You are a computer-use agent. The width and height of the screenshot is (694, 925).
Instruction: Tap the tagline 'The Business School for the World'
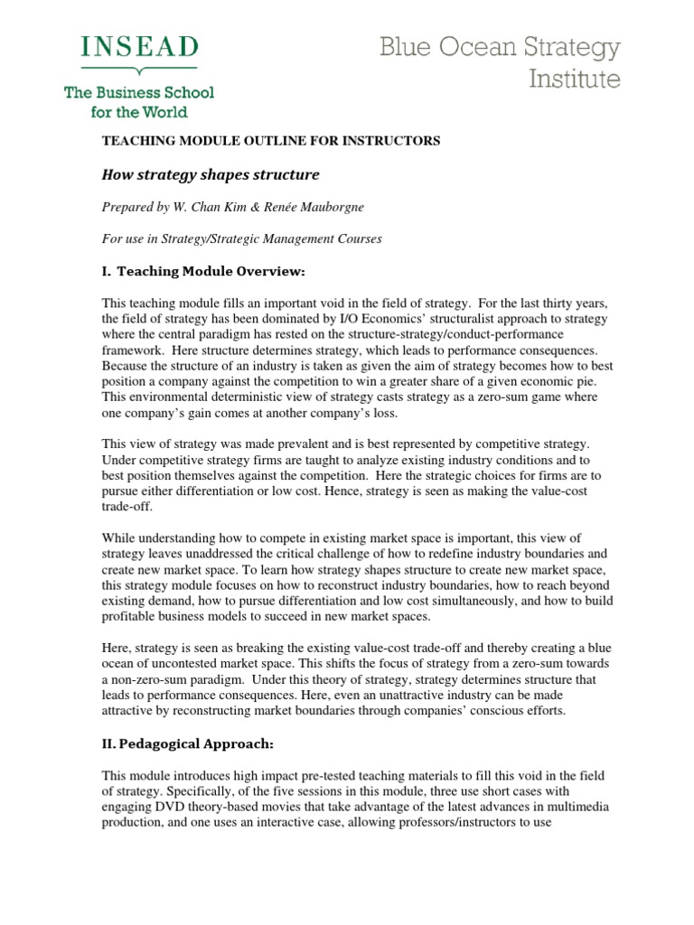click(138, 102)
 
